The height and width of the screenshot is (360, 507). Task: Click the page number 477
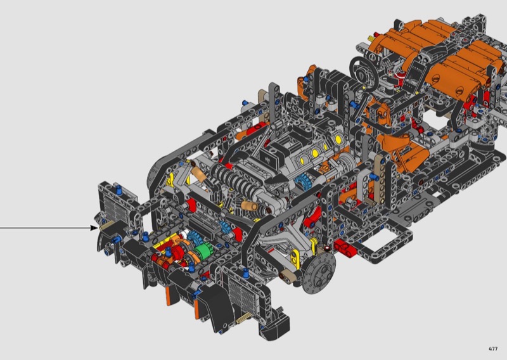tap(493, 349)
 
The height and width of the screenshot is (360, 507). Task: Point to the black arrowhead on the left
tap(94, 228)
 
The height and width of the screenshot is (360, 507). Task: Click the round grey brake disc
tap(319, 273)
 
